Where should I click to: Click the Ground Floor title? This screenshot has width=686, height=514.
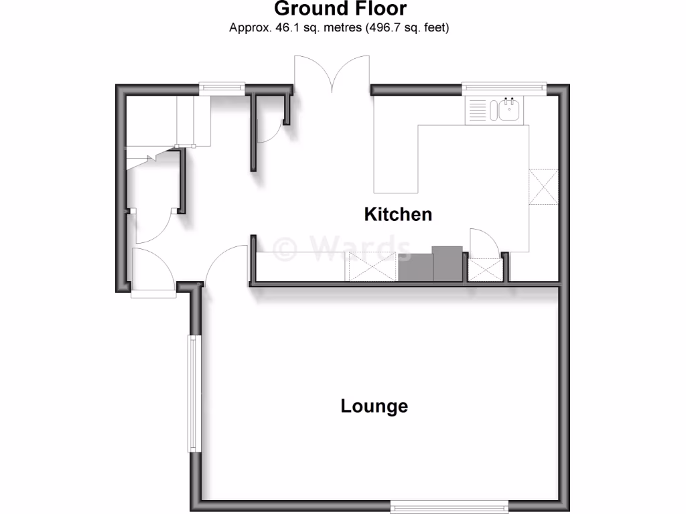[x=340, y=9]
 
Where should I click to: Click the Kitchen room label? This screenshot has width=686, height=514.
[x=398, y=214]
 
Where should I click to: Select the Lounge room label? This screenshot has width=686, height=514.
[x=374, y=406]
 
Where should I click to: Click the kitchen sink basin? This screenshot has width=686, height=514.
[x=508, y=110]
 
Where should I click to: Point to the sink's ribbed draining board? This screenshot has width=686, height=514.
[x=478, y=110]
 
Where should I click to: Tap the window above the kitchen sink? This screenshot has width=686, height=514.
[x=504, y=87]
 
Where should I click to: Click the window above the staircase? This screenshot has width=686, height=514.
[x=222, y=86]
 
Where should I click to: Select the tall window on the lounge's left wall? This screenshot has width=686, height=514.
[x=193, y=394]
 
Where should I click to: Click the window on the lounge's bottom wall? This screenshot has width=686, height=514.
[x=450, y=505]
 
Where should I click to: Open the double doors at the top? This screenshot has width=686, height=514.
[x=331, y=74]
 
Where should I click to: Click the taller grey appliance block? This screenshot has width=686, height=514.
[x=448, y=263]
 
